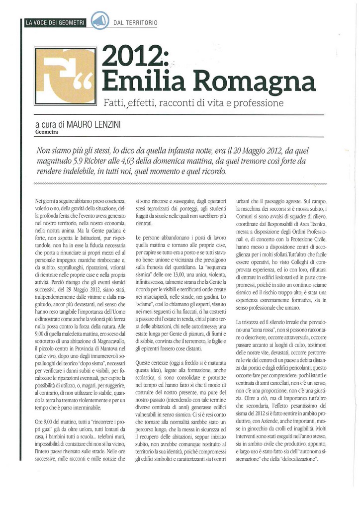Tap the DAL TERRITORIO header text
pyautogui.click(x=135, y=23)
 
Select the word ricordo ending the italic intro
pyautogui.click(x=212, y=171)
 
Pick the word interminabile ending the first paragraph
pyautogui.click(x=79, y=408)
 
